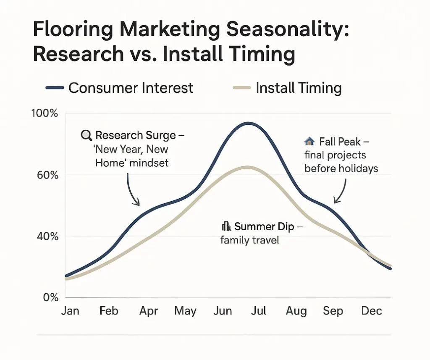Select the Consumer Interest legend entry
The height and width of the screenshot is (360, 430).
[x=119, y=88]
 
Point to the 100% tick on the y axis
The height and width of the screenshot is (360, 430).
[x=44, y=113]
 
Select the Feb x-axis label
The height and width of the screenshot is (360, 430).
[x=109, y=311]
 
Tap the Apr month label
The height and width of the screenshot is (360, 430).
[x=148, y=311]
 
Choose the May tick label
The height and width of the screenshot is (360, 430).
[x=185, y=311]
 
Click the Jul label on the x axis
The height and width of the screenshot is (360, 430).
[x=259, y=311]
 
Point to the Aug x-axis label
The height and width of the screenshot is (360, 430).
[x=296, y=311]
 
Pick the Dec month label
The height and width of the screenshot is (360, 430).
[x=372, y=311]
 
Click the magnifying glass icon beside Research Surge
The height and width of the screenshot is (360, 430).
[x=86, y=135]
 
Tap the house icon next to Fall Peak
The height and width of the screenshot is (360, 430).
[x=309, y=142]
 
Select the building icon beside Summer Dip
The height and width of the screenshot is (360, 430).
[x=226, y=227]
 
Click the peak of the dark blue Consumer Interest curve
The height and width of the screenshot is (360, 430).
[x=248, y=123]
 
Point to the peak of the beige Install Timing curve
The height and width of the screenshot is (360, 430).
[x=248, y=167]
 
